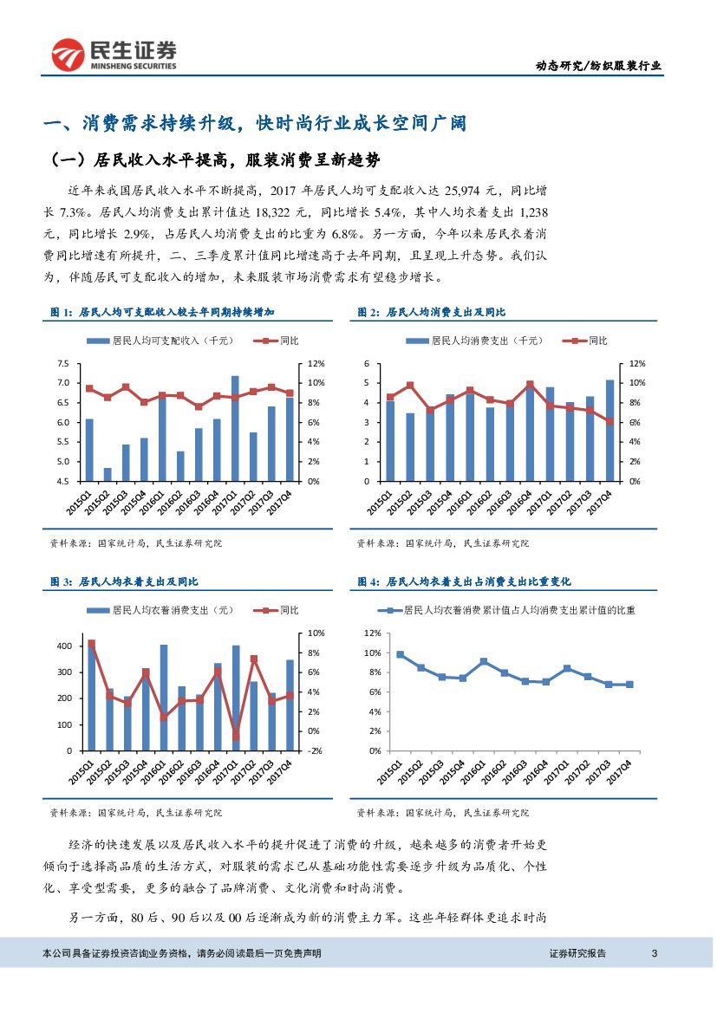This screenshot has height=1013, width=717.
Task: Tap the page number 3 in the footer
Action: click(x=655, y=953)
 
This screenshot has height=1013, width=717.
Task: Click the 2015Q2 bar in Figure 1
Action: click(x=108, y=474)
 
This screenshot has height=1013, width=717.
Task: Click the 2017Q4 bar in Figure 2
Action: click(x=609, y=431)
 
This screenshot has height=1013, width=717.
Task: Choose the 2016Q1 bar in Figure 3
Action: click(x=164, y=698)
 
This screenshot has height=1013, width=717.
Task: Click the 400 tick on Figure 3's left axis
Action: click(x=65, y=646)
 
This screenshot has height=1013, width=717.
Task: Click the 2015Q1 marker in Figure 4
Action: click(x=401, y=654)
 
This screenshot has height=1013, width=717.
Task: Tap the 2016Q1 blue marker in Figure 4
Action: click(x=484, y=661)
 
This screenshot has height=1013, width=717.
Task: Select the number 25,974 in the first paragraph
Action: click(x=472, y=190)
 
